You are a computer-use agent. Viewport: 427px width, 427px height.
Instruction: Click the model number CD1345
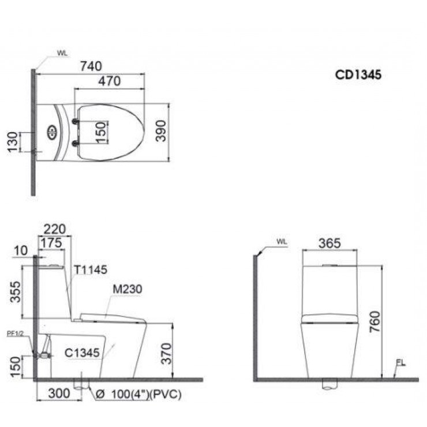point(358,74)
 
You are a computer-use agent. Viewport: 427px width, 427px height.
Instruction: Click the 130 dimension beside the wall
point(12,141)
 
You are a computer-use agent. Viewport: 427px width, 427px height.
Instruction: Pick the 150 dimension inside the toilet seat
point(99,132)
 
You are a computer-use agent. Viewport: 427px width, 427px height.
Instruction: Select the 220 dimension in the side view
point(54,229)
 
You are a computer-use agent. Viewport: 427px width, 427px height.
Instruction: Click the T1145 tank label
point(90,269)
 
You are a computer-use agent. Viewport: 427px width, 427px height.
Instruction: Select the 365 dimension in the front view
point(329,242)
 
